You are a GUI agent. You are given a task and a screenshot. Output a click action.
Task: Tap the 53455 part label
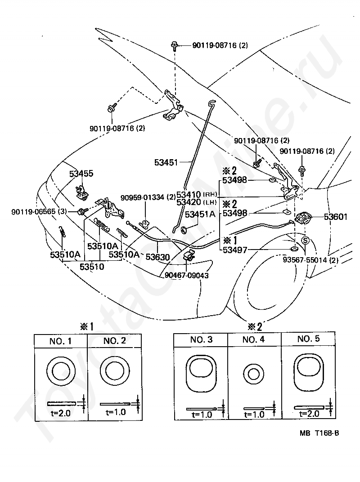tap(81, 173)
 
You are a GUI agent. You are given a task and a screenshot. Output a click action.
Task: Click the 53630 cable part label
tap(157, 256)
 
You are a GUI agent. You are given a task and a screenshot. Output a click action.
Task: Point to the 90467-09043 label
tap(186, 276)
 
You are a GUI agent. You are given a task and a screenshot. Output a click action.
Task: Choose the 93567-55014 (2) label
tap(310, 260)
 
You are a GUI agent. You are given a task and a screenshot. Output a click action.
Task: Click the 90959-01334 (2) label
tap(148, 197)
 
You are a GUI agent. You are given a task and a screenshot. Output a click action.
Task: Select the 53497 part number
tap(234, 250)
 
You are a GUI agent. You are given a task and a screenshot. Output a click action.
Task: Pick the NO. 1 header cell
tap(60, 341)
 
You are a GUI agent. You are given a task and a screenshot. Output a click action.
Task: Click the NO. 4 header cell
tap(254, 339)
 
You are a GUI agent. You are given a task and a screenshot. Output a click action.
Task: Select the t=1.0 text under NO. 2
tap(115, 411)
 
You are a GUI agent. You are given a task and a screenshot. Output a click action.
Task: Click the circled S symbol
tap(305, 241)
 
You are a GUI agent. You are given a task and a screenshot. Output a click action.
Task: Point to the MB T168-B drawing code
tap(319, 433)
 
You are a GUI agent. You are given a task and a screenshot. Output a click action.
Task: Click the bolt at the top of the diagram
tap(175, 45)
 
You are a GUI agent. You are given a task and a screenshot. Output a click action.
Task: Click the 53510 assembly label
tap(92, 267)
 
